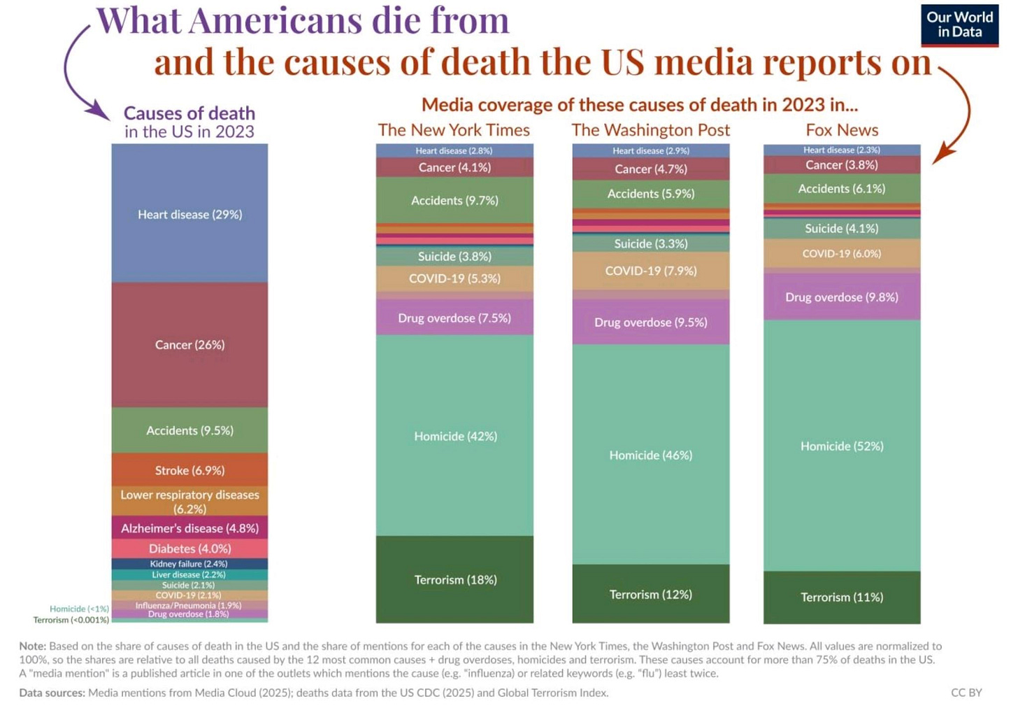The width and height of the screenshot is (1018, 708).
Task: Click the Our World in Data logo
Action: (x=959, y=25)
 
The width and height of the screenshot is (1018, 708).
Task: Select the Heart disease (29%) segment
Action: (x=189, y=214)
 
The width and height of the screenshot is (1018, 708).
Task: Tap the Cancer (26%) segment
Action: (x=189, y=344)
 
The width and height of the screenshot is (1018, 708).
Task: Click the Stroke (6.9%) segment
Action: (x=189, y=470)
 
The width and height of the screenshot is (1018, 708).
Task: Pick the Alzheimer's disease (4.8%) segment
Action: (x=189, y=528)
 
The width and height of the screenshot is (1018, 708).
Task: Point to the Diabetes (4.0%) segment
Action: (x=189, y=548)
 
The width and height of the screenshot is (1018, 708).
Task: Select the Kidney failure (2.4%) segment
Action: (x=189, y=564)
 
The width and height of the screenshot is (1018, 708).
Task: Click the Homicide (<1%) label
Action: (x=79, y=609)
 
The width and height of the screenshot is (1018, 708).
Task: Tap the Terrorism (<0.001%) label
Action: (x=71, y=620)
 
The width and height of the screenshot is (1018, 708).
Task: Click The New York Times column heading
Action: (x=454, y=130)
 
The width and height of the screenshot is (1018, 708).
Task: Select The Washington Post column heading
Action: (x=650, y=130)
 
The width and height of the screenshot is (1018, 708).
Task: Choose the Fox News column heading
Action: (x=842, y=130)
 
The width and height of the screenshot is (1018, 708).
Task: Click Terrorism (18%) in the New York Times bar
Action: (x=455, y=579)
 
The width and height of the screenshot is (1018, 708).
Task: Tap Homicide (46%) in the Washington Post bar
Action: (x=650, y=455)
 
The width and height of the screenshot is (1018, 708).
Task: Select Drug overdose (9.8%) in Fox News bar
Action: (x=842, y=297)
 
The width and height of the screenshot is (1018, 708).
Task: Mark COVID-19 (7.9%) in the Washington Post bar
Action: (x=650, y=271)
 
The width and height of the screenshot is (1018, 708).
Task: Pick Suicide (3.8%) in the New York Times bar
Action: (x=454, y=256)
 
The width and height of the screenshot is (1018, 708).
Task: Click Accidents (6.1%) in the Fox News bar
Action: (x=842, y=188)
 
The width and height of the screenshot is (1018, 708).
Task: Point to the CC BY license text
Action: (x=966, y=693)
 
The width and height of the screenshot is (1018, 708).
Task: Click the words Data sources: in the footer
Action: (x=52, y=693)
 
